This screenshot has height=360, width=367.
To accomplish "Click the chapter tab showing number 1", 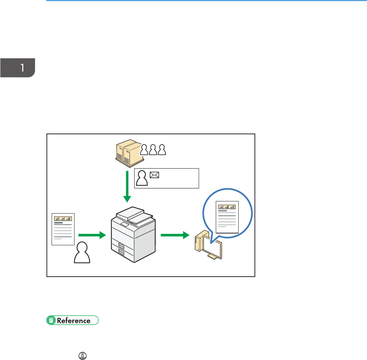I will [x=18, y=67].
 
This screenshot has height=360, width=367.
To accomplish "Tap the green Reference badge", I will [x=72, y=320].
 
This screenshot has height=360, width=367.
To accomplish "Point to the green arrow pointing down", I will [x=127, y=186].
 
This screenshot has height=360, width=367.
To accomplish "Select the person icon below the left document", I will [x=82, y=253].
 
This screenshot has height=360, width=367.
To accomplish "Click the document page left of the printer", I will [x=63, y=229].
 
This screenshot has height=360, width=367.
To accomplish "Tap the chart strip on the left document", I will [x=63, y=218].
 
